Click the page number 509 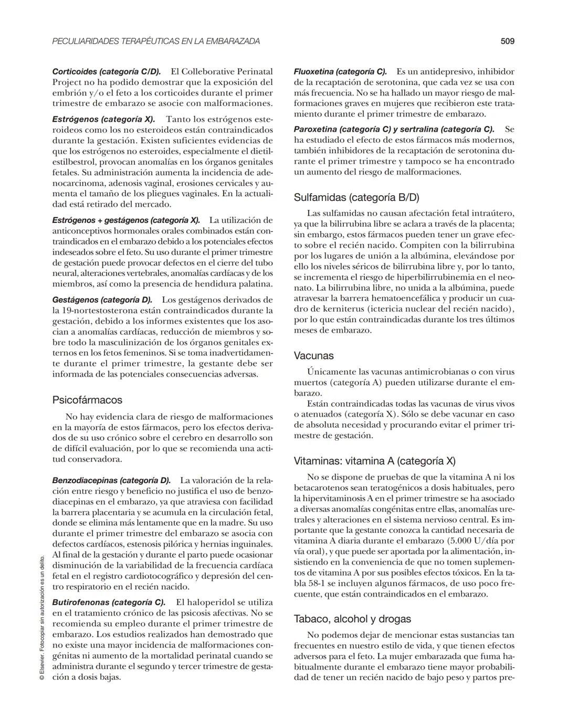(507, 41)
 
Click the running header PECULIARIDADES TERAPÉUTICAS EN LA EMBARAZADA (156, 41)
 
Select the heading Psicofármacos (87, 400)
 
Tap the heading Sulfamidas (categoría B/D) (356, 197)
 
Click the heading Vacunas (313, 356)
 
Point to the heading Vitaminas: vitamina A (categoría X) (374, 461)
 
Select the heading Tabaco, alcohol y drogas (352, 619)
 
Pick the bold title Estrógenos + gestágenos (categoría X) (126, 220)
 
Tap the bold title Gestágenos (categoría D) (102, 300)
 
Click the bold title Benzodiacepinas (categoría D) (111, 480)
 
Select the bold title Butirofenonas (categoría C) (109, 602)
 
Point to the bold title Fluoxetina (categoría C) (340, 71)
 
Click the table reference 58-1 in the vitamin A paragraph (317, 583)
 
